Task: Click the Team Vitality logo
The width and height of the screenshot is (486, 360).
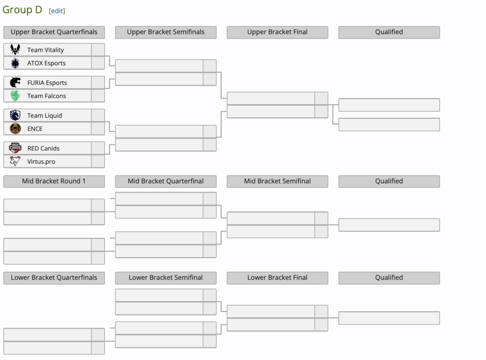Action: click(x=15, y=50)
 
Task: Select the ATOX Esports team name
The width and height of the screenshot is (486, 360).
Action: click(x=46, y=63)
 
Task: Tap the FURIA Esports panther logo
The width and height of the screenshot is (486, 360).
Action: click(x=15, y=82)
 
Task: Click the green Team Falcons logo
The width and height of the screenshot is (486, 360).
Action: click(x=15, y=95)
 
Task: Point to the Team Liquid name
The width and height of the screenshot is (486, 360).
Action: click(x=45, y=115)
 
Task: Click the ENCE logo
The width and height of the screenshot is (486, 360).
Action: click(x=15, y=129)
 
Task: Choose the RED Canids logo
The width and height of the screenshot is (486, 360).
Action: click(x=15, y=148)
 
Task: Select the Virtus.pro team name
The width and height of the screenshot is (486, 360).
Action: click(x=41, y=162)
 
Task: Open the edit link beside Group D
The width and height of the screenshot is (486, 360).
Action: click(x=57, y=11)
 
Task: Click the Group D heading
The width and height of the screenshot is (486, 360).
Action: click(x=22, y=10)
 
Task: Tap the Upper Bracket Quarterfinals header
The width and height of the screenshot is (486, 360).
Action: click(x=54, y=32)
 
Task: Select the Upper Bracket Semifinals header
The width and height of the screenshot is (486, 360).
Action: click(x=166, y=32)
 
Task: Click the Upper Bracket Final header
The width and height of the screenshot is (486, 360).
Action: click(x=278, y=32)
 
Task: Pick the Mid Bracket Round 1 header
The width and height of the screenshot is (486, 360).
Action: click(x=54, y=181)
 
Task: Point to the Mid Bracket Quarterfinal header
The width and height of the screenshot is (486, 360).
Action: click(x=166, y=181)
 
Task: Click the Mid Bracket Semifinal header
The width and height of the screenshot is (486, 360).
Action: click(x=278, y=181)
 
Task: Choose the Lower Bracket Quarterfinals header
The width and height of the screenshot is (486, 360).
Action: click(x=54, y=278)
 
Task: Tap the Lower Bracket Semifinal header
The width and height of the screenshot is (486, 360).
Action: click(x=166, y=278)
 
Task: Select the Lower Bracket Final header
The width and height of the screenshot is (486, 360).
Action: click(x=278, y=278)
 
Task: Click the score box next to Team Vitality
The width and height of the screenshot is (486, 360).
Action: click(x=98, y=50)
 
